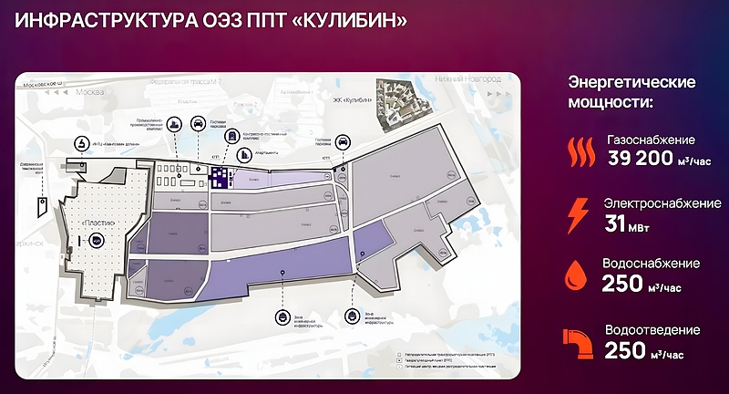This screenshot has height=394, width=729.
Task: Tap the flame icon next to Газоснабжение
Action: point(578,150)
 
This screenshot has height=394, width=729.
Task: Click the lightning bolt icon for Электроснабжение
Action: point(578,213)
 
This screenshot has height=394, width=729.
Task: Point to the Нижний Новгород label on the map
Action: point(475,80)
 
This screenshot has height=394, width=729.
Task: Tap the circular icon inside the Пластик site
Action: point(98,240)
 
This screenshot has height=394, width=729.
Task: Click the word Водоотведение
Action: point(651,329)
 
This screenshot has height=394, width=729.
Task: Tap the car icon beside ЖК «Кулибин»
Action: point(341,142)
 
